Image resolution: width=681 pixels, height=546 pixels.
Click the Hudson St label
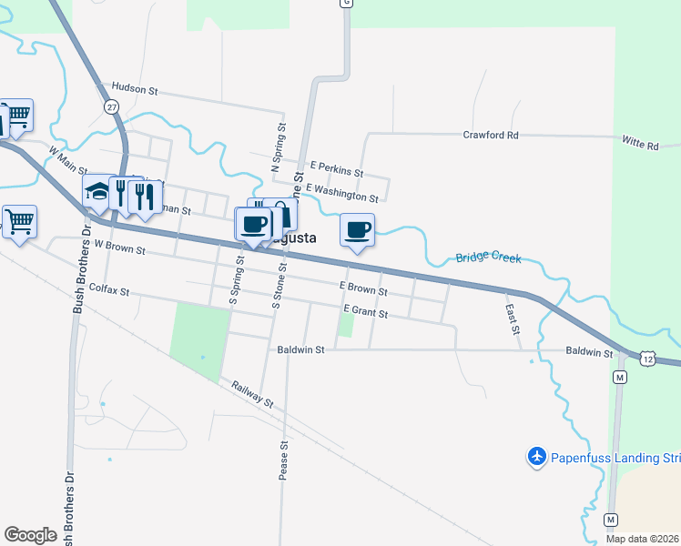click(x=135, y=90)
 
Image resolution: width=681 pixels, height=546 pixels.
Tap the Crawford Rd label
click(x=490, y=135)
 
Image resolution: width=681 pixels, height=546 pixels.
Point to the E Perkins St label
click(x=336, y=168)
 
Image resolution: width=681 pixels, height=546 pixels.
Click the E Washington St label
click(x=341, y=192)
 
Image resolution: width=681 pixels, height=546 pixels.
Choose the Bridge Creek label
click(x=488, y=258)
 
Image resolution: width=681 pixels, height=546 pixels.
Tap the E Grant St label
click(x=366, y=312)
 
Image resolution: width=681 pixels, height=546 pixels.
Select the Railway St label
click(x=251, y=394)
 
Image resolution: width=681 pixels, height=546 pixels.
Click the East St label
click(x=511, y=318)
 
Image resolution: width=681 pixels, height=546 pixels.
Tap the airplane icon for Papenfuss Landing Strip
click(x=537, y=455)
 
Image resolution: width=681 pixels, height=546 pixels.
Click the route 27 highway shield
click(x=112, y=107)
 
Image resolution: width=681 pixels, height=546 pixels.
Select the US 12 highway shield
click(x=646, y=359)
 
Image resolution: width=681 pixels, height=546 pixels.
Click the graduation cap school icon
click(x=97, y=192)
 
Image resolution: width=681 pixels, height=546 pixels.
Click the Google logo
click(x=31, y=535)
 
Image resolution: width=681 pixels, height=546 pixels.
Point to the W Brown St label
click(x=119, y=247)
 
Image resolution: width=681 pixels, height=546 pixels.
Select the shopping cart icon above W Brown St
click(x=20, y=220)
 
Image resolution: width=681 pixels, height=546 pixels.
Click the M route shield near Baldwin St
click(x=620, y=377)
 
